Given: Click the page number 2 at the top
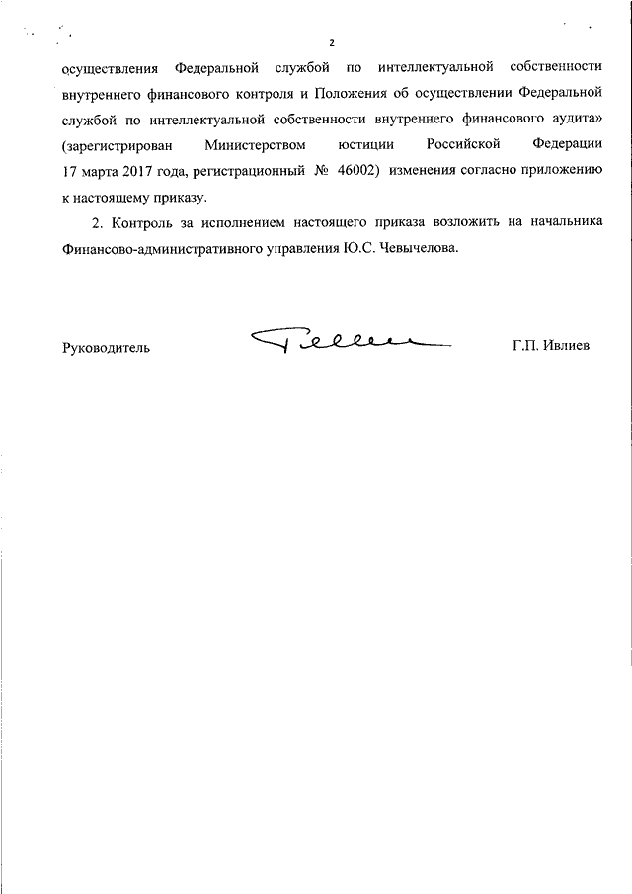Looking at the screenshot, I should click(333, 42).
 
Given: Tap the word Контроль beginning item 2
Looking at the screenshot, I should click(148, 225).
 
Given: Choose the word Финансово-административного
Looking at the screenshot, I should click(154, 251).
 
